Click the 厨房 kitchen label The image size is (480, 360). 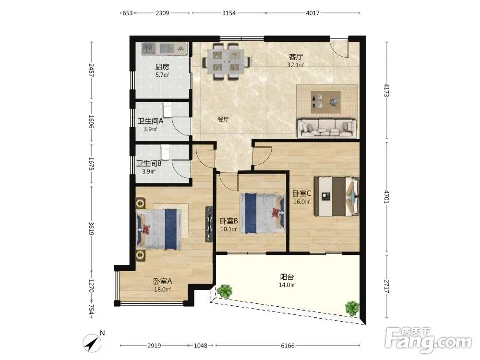[162, 67]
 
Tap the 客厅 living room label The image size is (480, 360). [296, 57]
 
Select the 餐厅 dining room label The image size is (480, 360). [223, 120]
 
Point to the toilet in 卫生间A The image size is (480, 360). [168, 109]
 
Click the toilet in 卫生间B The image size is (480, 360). [165, 152]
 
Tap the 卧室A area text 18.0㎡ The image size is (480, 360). [162, 289]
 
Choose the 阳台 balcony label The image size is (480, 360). [287, 277]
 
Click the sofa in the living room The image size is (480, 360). [326, 128]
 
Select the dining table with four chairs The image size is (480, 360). [227, 61]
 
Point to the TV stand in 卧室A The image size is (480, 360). [209, 224]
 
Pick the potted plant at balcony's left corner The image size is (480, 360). [225, 291]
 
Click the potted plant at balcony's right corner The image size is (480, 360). [352, 308]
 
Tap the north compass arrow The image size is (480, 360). [92, 343]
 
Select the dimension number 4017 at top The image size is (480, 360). [312, 13]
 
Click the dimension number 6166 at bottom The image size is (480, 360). [288, 346]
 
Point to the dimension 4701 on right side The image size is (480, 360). [386, 197]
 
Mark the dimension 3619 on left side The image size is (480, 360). [91, 228]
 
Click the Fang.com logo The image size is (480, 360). [428, 340]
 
